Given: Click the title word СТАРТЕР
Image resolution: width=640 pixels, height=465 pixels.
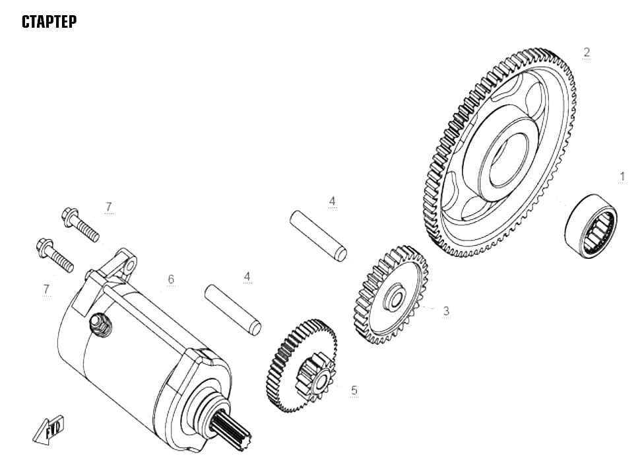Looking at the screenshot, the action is (49, 22).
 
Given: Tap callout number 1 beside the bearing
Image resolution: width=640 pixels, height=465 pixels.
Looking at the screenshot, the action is (622, 176).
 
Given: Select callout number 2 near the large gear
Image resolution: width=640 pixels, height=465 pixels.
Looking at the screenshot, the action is (587, 52).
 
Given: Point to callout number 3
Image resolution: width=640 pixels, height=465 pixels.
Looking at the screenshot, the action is (446, 311).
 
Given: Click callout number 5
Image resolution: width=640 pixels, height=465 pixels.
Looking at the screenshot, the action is (354, 390).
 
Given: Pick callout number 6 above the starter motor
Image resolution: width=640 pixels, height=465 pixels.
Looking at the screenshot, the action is (171, 279).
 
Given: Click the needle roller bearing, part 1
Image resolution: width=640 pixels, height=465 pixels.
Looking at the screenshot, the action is (591, 226).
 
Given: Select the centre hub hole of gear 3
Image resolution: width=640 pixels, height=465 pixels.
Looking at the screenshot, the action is (395, 297).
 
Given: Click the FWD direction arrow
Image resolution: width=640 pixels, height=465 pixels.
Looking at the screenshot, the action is (48, 429).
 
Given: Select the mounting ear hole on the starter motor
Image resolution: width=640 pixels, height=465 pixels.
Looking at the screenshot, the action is (130, 267).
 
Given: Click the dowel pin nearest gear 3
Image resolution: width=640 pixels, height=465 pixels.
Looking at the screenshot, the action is (319, 236).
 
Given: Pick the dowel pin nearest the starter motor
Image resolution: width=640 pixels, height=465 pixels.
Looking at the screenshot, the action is (233, 310).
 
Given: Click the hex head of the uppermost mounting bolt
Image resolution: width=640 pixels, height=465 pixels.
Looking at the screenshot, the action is (70, 215).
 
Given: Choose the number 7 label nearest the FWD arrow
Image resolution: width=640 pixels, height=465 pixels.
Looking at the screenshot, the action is (46, 289).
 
